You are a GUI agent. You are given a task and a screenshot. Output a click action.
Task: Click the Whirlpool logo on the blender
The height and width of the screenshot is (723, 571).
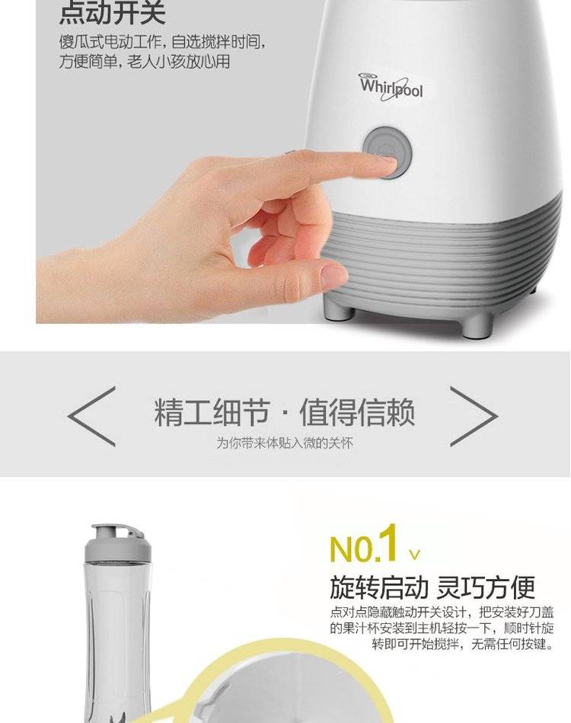[x=391, y=86]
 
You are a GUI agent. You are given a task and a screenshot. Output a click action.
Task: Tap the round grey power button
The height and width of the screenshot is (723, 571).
[x=387, y=152]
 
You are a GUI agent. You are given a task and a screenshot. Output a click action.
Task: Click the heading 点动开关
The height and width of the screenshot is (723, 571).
[x=113, y=13]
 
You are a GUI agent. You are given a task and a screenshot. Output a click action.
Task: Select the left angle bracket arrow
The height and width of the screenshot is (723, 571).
[x=91, y=417]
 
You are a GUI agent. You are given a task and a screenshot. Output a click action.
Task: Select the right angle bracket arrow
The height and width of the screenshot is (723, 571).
[x=474, y=417]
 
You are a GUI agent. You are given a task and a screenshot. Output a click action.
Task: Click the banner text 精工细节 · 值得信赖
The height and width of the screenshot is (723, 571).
[x=284, y=411]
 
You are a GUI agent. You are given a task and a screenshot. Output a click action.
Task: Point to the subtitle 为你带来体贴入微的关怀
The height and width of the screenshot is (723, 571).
[x=285, y=443]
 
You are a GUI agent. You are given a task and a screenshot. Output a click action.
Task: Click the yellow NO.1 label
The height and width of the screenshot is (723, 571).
[x=364, y=544]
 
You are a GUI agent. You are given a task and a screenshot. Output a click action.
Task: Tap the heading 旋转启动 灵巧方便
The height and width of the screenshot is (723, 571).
[x=432, y=587]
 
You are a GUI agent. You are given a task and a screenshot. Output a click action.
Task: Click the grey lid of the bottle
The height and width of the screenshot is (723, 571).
[x=117, y=543]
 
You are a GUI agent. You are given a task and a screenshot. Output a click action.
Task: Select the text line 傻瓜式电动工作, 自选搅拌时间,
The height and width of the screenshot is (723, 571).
[x=163, y=42]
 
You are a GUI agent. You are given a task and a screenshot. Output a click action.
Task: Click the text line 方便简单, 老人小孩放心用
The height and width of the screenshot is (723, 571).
[x=144, y=61]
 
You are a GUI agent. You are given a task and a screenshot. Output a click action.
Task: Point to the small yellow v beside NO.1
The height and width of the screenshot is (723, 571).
[x=414, y=554]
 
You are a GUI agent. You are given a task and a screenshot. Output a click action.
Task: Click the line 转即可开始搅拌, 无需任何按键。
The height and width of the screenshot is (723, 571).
[x=463, y=644]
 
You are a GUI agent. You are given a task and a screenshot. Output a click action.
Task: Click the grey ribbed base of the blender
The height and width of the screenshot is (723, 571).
[x=443, y=258]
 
